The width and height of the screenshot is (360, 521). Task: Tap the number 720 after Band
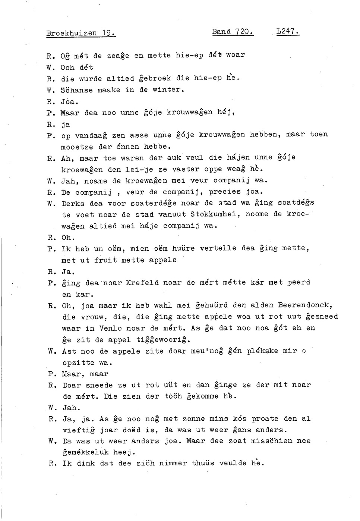244,32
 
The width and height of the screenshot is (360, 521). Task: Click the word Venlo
110,328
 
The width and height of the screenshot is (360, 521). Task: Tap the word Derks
73,204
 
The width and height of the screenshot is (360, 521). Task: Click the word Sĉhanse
76,90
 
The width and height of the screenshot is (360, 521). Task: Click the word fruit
105,260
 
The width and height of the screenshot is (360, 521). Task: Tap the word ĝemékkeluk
85,452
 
